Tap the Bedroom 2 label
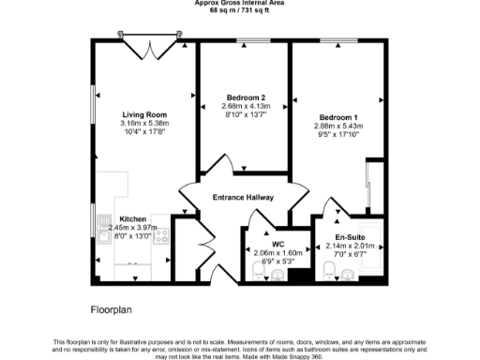tap(246, 97)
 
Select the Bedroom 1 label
tap(335, 116)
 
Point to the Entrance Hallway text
tap(243, 198)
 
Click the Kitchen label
tap(132, 218)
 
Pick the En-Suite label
tap(350, 238)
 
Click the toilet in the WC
tap(260, 273)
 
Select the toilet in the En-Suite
tap(329, 272)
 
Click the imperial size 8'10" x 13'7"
tap(246, 114)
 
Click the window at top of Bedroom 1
tap(334, 40)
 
